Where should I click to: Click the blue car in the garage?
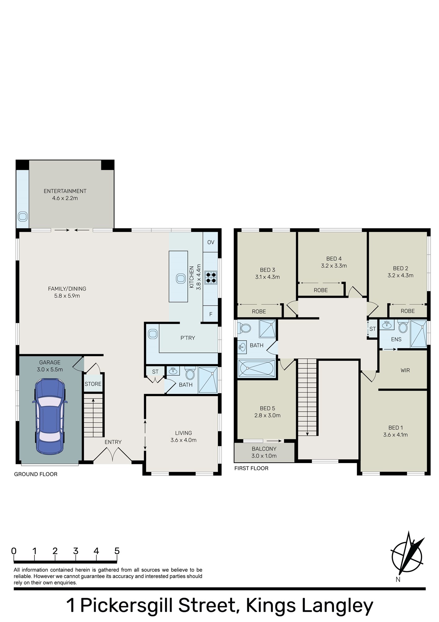50,416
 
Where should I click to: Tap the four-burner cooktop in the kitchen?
211,277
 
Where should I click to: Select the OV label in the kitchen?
211,242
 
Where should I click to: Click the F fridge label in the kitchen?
211,314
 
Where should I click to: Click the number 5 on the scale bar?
117,551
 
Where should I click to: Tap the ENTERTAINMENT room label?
65,191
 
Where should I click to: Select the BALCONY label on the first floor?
264,449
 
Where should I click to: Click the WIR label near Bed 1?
405,370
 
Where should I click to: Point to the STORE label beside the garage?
93,384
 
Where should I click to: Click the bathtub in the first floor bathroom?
257,369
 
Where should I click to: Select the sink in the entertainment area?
23,216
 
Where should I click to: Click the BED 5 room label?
268,408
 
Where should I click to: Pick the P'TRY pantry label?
188,338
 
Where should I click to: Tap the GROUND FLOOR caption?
36,474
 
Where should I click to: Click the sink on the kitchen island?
181,278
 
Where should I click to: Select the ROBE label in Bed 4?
321,290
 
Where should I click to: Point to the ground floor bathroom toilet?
190,373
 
